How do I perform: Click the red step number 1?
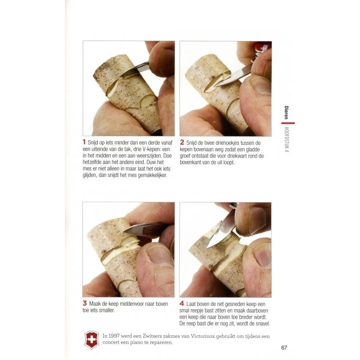84,142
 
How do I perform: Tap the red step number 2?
182,142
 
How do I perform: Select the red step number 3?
85,303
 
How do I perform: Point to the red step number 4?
182,303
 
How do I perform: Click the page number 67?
284,347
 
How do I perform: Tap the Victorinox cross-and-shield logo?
92,340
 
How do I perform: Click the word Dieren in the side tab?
286,112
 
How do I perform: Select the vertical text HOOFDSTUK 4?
287,139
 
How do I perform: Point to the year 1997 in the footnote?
114,336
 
